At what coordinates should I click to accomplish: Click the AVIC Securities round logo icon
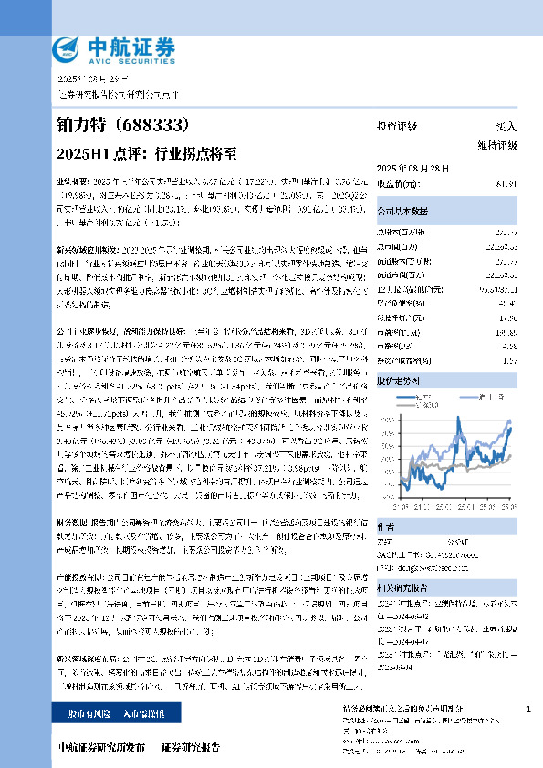68,47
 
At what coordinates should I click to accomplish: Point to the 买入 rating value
506,126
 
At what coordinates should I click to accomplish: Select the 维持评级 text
496,145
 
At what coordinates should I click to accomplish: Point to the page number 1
528,710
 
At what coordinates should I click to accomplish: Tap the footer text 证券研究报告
191,748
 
